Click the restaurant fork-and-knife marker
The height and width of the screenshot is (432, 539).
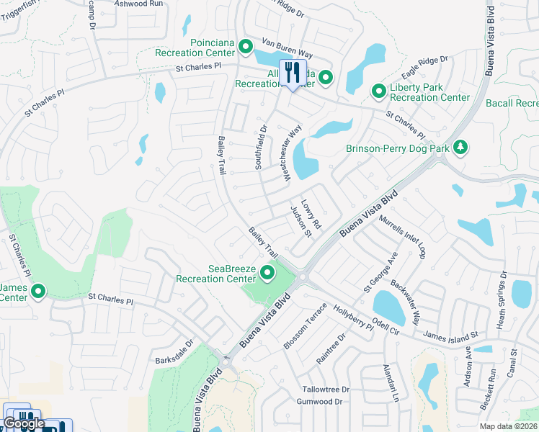coord(293,73)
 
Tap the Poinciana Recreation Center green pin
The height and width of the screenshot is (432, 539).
coord(245,48)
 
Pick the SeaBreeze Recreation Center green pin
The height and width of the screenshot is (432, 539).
coord(268,272)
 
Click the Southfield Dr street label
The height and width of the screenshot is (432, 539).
coord(261,148)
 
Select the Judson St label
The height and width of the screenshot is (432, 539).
coord(300,222)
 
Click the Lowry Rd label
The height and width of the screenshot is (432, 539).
coord(311,215)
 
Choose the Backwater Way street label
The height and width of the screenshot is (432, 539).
coord(405,303)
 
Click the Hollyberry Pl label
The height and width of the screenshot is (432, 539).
coord(353,317)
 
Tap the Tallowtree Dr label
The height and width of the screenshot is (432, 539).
coord(325,389)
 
